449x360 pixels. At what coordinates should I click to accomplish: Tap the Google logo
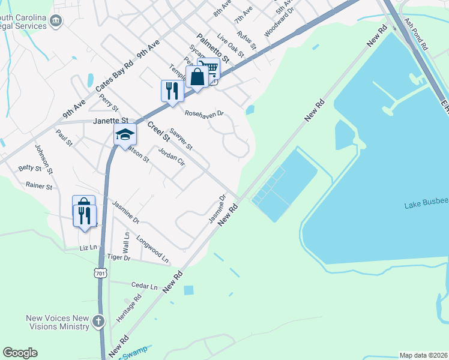click(x=20, y=353)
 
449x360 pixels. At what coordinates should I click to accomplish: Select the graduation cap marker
click(x=125, y=135)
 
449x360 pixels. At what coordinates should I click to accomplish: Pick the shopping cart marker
click(x=208, y=69)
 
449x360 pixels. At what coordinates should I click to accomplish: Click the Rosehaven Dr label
click(x=204, y=113)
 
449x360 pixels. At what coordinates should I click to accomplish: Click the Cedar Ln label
click(x=145, y=286)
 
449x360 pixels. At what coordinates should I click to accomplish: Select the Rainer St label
click(x=40, y=187)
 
